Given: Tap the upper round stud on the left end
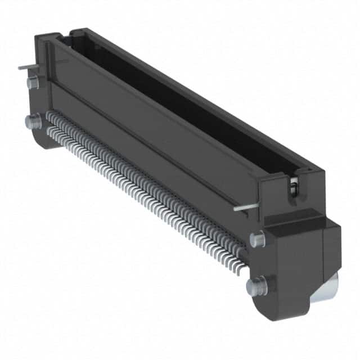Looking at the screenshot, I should (32, 83).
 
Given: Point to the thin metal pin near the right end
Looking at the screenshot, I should (245, 206).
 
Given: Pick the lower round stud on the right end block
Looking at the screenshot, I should (254, 285).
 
